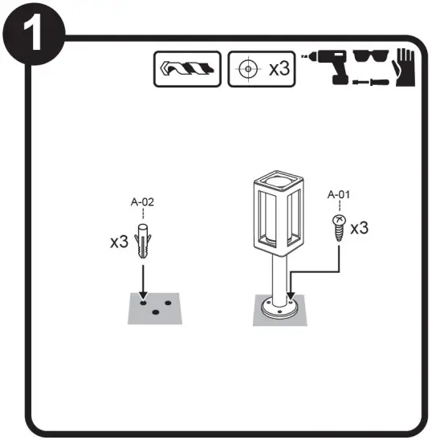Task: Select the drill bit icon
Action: click(x=187, y=68)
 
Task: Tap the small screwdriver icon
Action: click(x=369, y=81)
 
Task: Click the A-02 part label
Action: click(x=142, y=202)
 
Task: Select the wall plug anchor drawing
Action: click(x=142, y=242)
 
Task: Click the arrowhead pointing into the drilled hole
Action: click(x=142, y=295)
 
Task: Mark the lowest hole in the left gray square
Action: click(x=154, y=312)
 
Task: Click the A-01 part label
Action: click(x=340, y=194)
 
